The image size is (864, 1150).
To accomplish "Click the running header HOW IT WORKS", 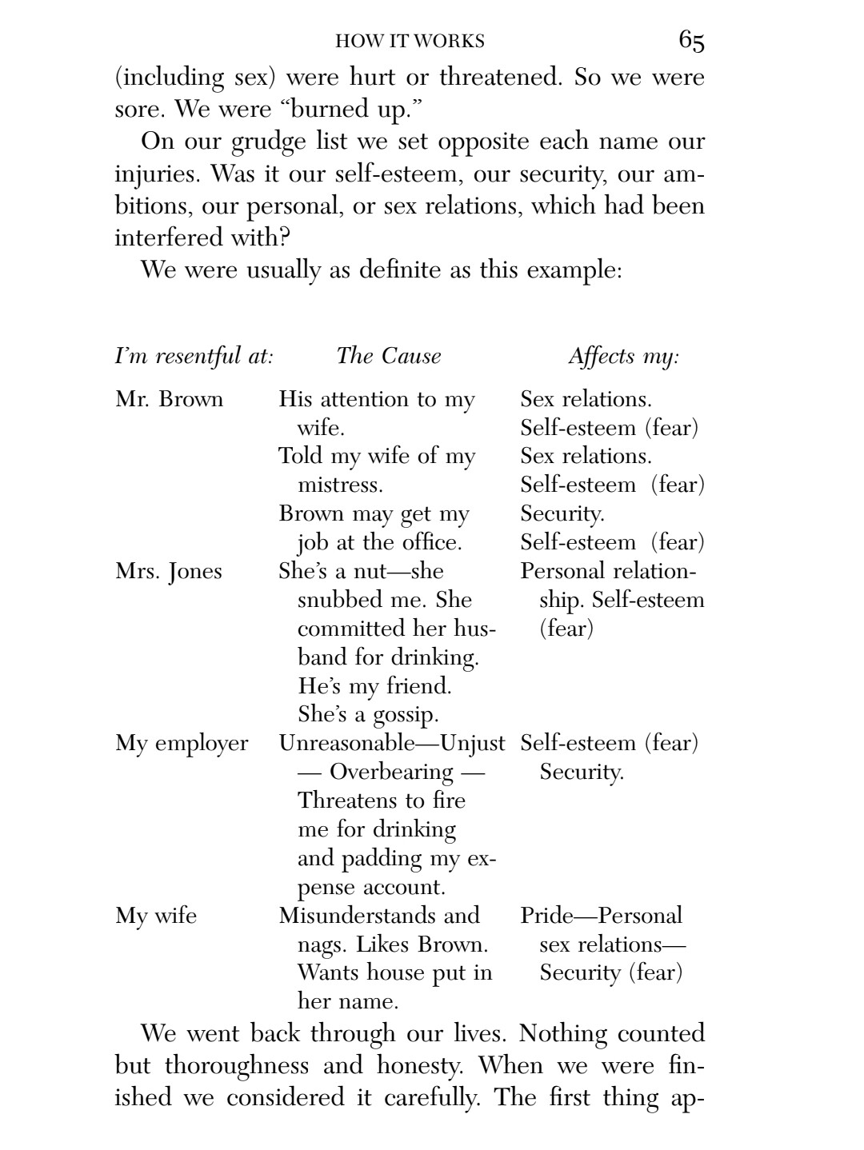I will [410, 41].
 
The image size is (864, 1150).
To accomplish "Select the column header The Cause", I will [389, 356].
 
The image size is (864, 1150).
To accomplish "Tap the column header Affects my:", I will [624, 357].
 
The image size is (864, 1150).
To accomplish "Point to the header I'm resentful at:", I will [194, 356].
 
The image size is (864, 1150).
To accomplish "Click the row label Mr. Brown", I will [170, 399].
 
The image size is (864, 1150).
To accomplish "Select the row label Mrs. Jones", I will [169, 572].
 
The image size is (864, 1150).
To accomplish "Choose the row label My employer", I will [182, 744].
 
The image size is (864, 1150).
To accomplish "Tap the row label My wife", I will [156, 916].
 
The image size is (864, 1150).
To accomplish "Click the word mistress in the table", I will [339, 485].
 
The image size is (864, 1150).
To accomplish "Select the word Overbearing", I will [391, 773].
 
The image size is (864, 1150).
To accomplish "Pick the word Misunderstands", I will [357, 916].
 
